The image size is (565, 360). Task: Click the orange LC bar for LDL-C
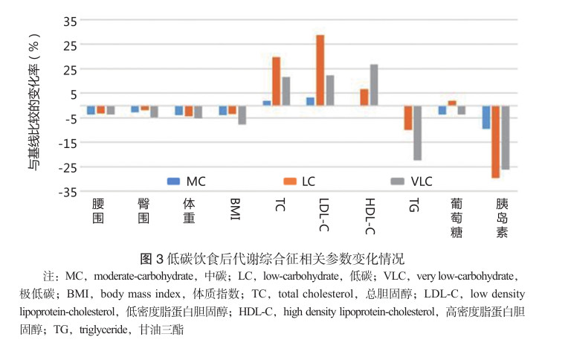320,71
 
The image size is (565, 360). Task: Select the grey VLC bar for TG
417,133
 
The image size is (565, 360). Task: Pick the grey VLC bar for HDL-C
374,86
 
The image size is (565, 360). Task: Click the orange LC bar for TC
276,82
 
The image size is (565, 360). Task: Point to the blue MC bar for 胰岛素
486,118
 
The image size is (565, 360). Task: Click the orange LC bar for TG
408,118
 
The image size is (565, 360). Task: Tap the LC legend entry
301,181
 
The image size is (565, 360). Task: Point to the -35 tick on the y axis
68,192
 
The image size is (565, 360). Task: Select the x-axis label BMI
235,205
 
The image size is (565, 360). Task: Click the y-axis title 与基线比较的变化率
34,108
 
